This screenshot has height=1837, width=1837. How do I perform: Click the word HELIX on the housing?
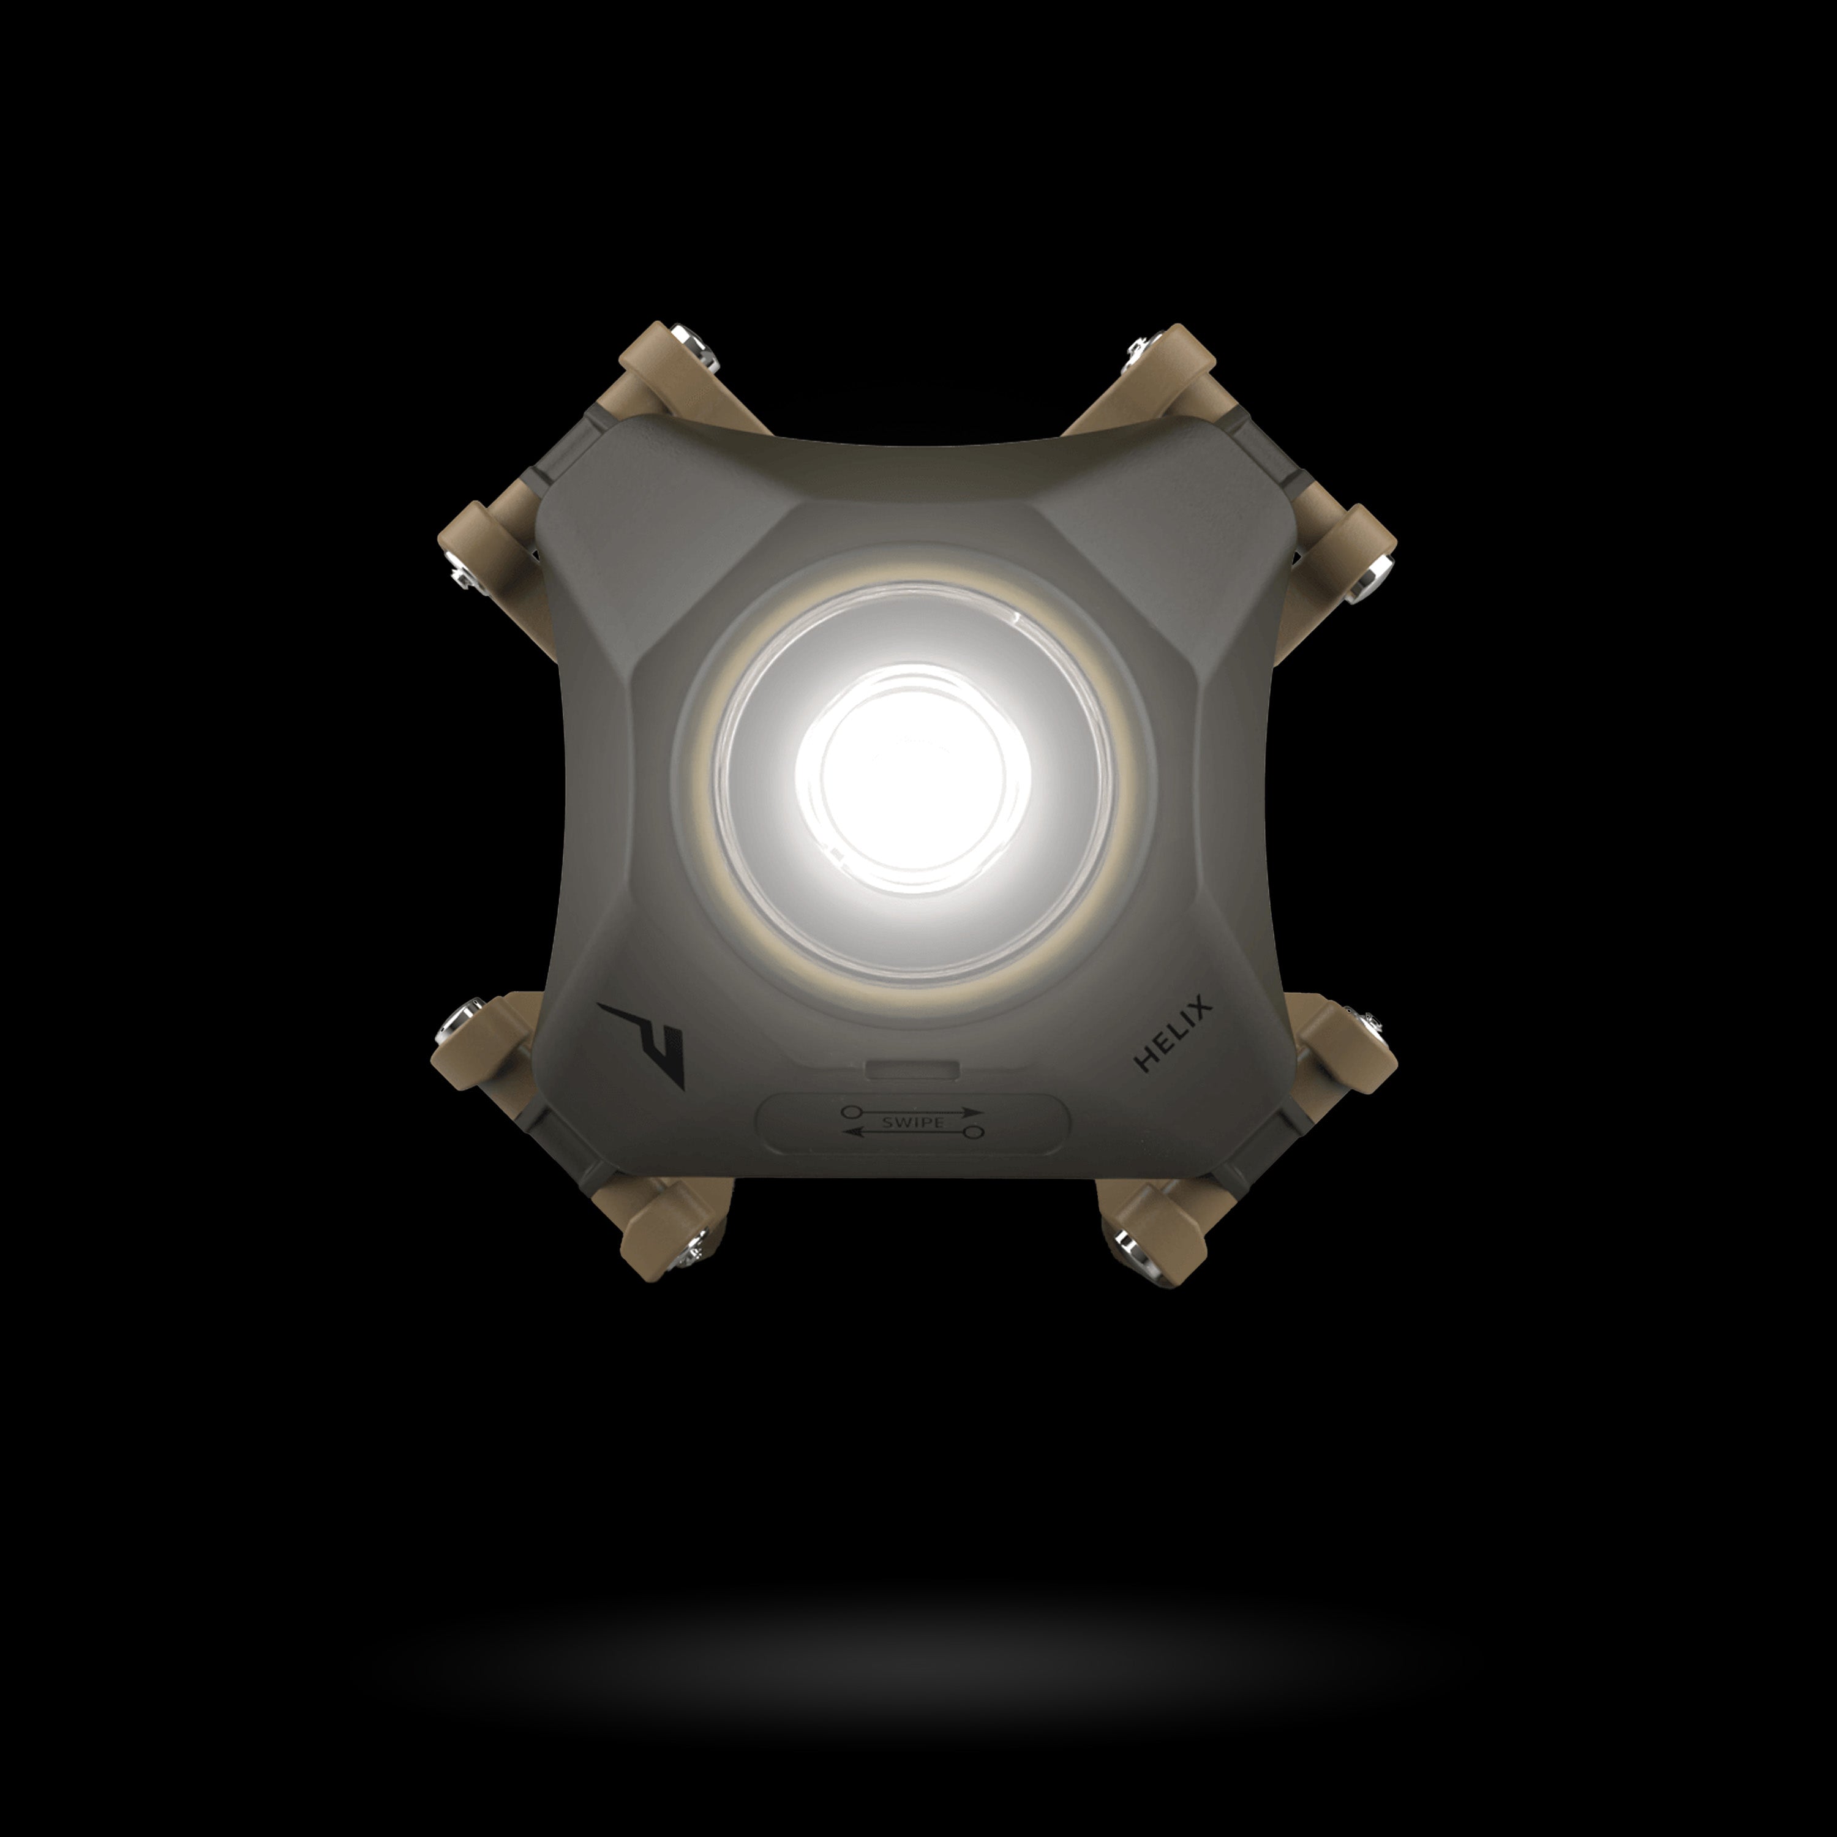(1173, 1034)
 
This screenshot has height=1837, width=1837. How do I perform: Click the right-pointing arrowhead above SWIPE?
(972, 1111)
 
